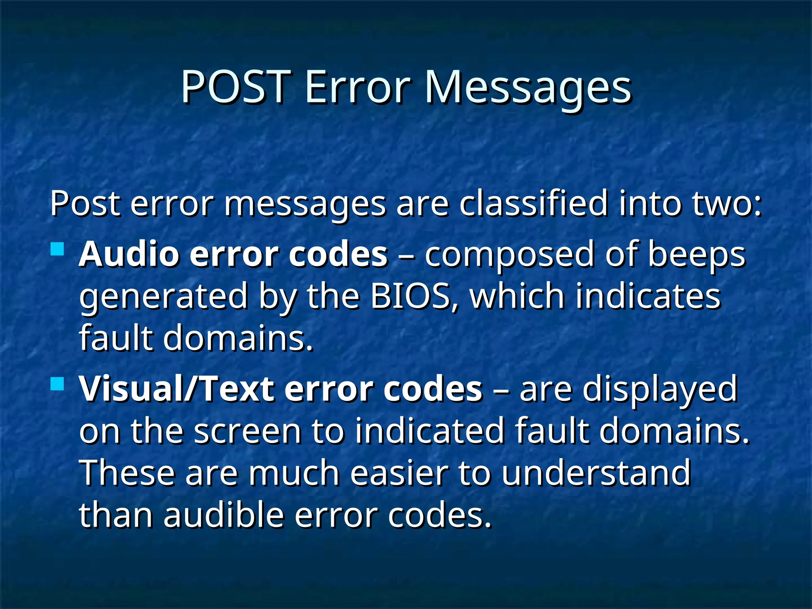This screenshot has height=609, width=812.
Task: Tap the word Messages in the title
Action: click(x=528, y=88)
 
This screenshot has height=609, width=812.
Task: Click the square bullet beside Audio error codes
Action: click(x=58, y=249)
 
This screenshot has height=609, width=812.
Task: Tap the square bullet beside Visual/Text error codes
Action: click(x=58, y=384)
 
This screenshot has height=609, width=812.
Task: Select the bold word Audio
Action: click(x=129, y=254)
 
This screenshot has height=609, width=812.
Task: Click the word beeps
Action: click(x=697, y=255)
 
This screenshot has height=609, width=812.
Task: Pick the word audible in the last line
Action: click(x=224, y=515)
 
